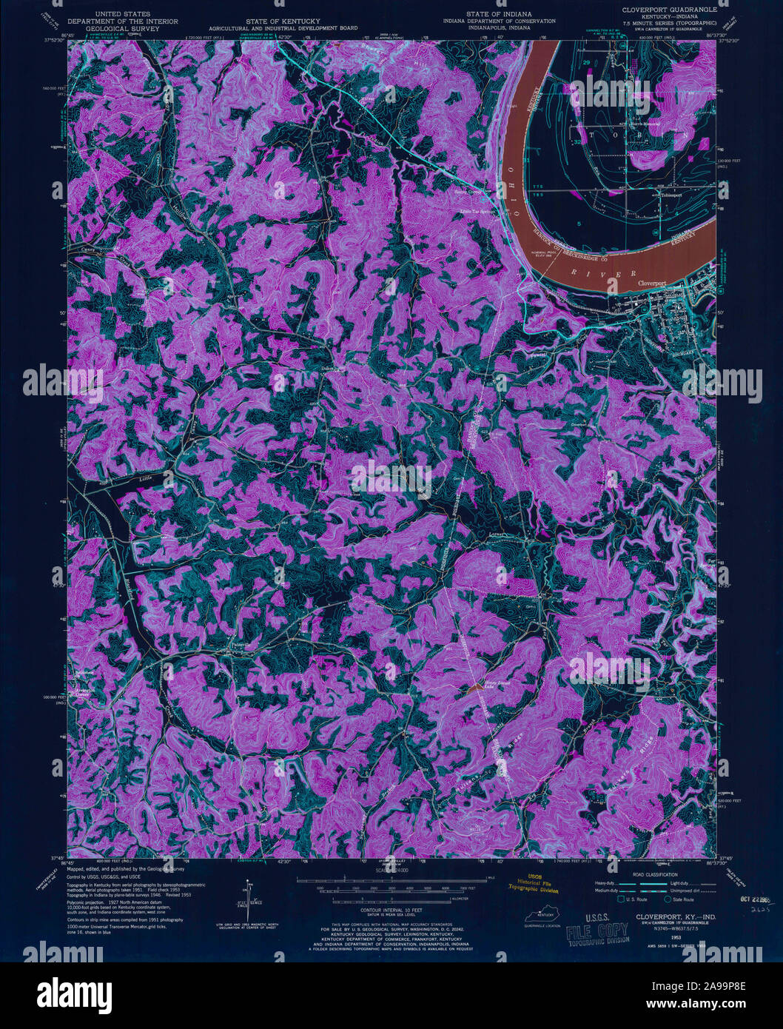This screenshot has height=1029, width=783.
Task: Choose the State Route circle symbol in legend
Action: pyautogui.click(x=668, y=900)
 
